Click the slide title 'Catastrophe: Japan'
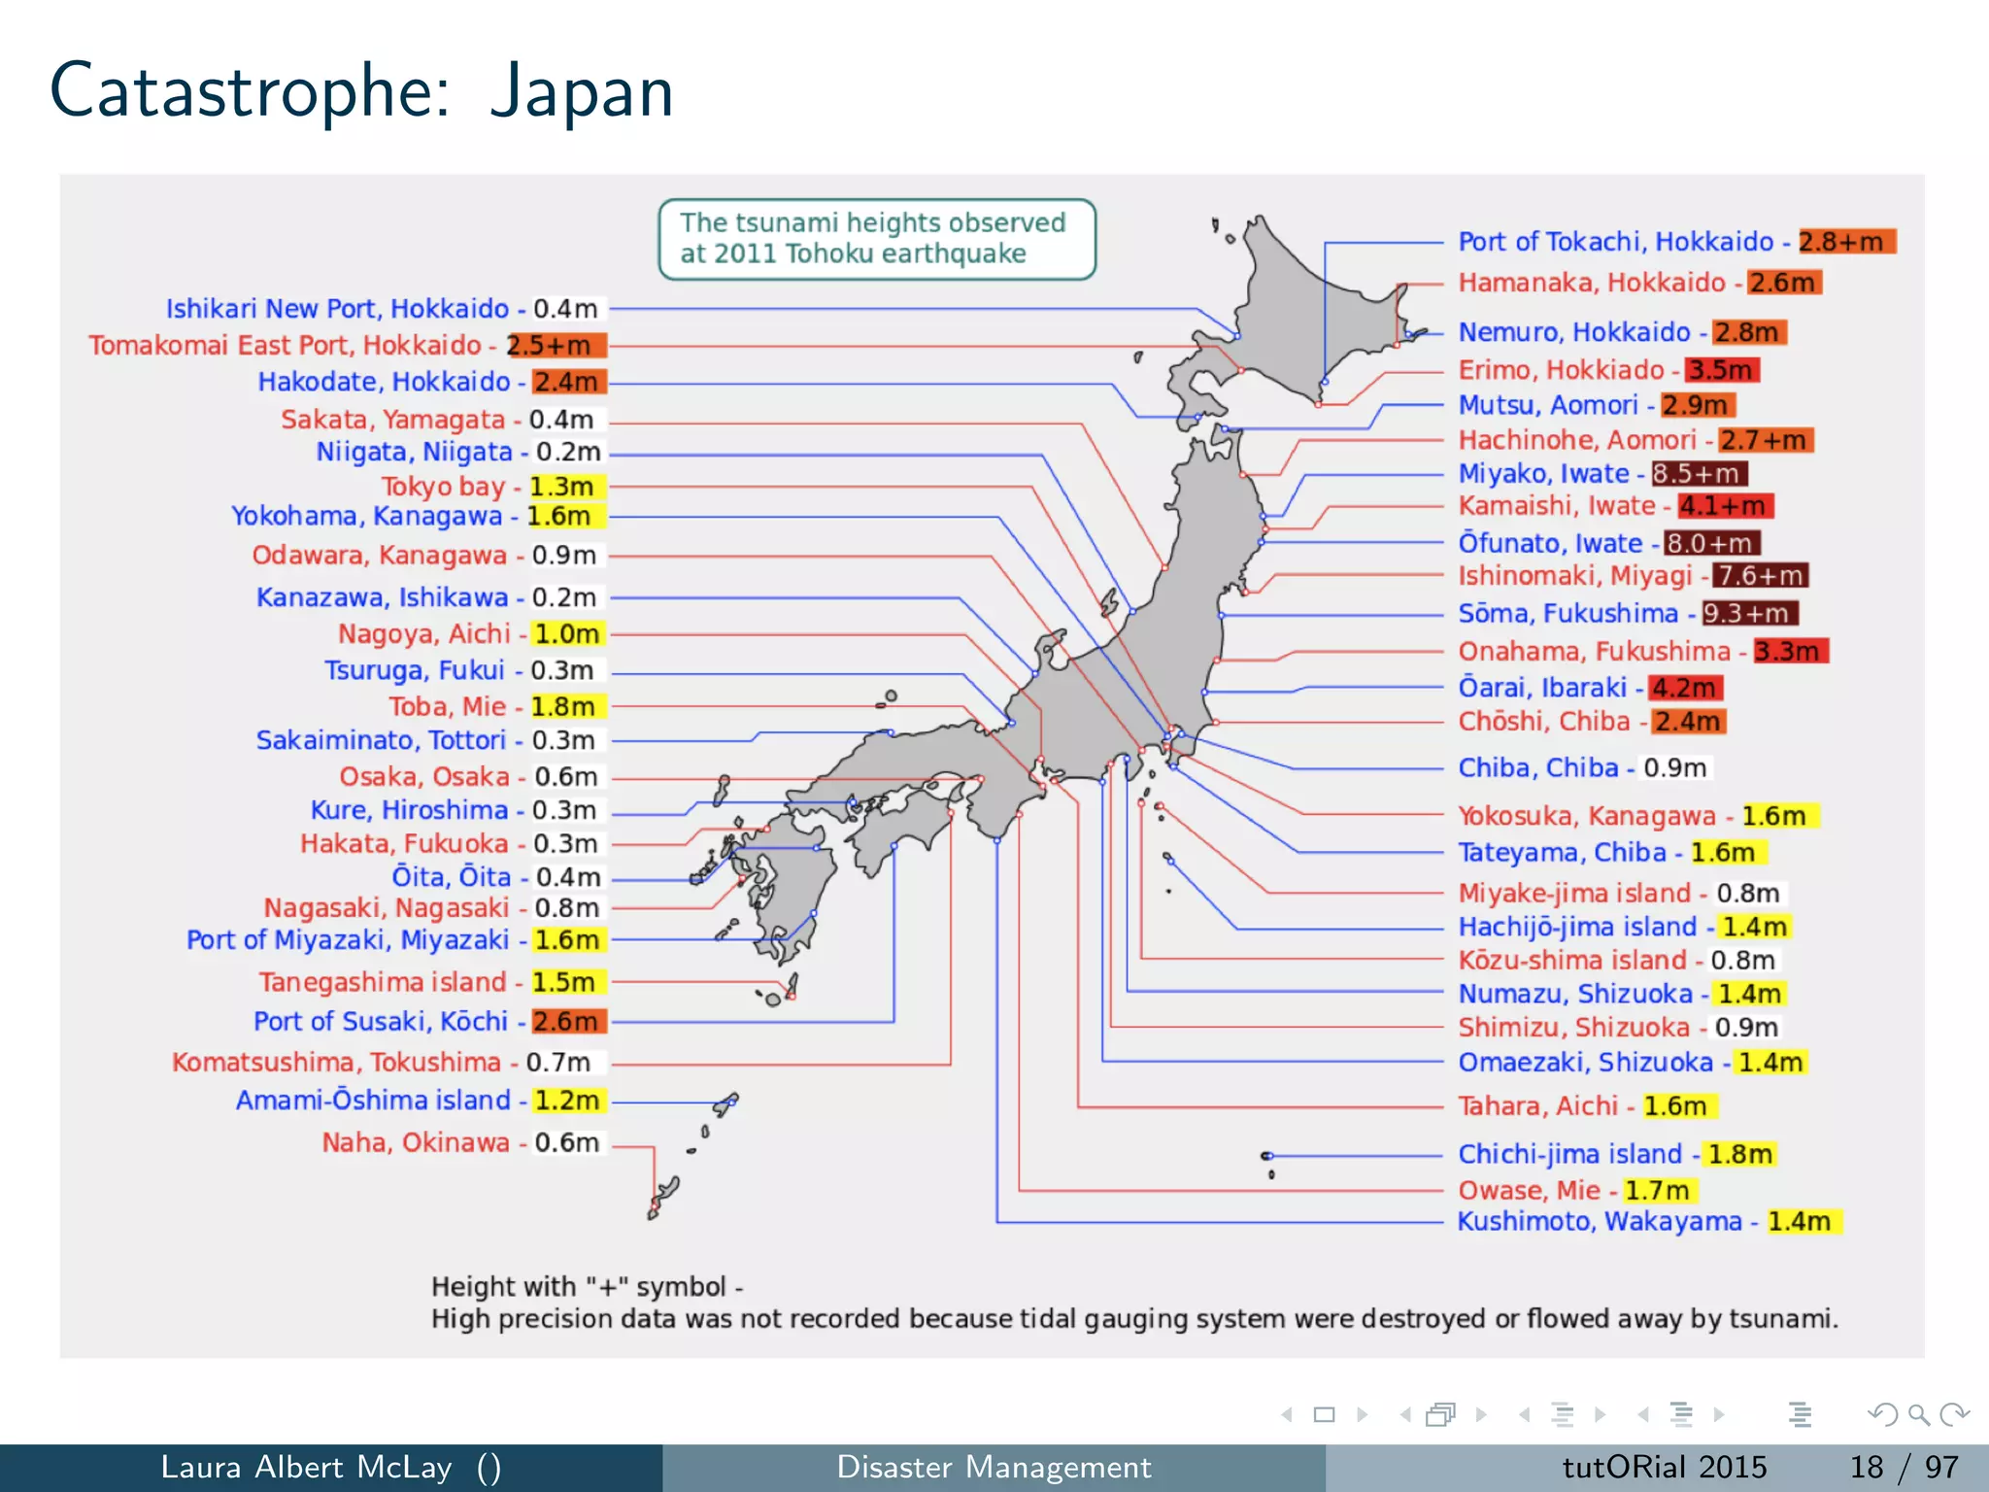(x=361, y=91)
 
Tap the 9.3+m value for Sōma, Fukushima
(x=1749, y=614)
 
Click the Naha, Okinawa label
(x=416, y=1142)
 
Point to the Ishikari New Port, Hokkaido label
(x=337, y=309)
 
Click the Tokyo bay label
(x=443, y=486)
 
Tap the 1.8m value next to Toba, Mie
(x=566, y=706)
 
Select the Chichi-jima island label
(x=1569, y=1154)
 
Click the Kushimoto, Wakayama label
(x=1600, y=1221)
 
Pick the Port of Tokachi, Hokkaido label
(x=1616, y=242)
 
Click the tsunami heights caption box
(x=876, y=239)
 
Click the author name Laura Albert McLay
(x=306, y=1467)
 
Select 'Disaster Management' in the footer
(x=994, y=1467)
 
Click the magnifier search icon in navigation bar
(x=1918, y=1414)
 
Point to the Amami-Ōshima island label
(x=373, y=1101)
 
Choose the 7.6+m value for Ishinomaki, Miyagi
(x=1760, y=576)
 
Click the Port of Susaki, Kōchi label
(x=381, y=1022)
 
